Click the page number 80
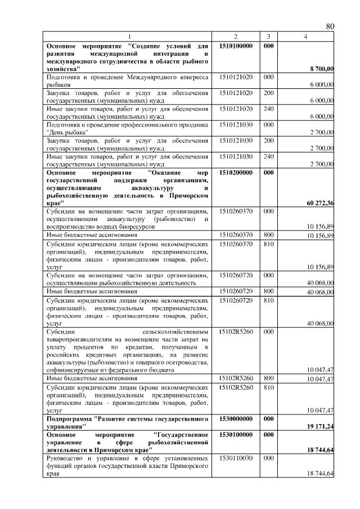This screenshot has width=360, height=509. [330, 26]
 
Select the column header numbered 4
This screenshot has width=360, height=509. [305, 37]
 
